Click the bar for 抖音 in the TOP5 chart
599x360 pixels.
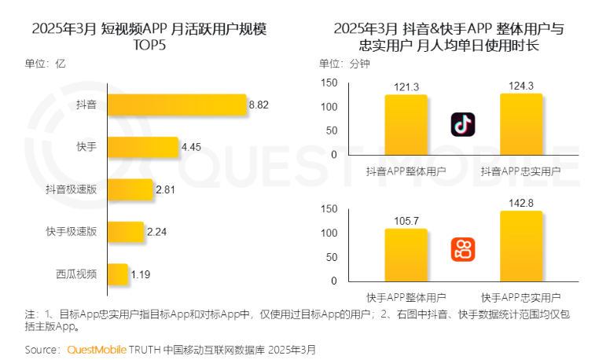click(177, 105)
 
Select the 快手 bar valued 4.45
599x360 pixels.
click(143, 147)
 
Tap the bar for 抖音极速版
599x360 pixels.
click(130, 189)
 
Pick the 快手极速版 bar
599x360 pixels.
click(126, 232)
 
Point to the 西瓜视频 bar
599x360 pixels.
click(117, 274)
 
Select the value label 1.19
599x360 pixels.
click(141, 274)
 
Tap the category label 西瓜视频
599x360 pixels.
click(76, 274)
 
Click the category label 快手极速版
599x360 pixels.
click(72, 232)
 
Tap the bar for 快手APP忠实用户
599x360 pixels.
click(521, 245)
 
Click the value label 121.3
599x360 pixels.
click(406, 86)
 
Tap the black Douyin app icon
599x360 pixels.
click(463, 124)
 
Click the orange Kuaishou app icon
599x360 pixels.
click(463, 250)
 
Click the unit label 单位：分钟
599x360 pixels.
click(344, 64)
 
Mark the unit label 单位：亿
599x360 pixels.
click(45, 64)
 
